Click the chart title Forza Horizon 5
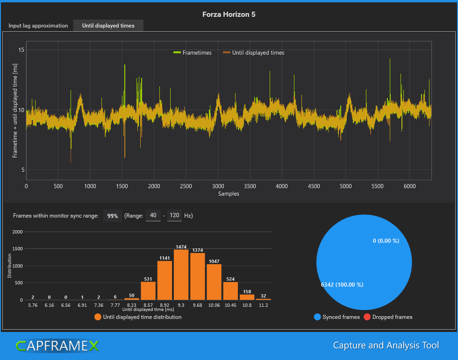pos(229,14)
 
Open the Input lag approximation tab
pos(38,26)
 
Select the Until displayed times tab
pos(108,26)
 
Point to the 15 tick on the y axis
pos(21,50)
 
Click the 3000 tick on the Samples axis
pos(218,186)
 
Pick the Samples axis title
pos(229,193)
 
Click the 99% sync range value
pos(112,216)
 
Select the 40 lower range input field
pos(153,215)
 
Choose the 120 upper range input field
pos(174,215)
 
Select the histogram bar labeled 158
pos(247,297)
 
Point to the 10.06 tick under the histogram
pos(214,305)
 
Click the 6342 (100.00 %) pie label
pos(342,284)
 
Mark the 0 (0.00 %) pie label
pos(386,240)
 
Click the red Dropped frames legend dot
pos(366,317)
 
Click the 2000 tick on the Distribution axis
pos(17,232)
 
